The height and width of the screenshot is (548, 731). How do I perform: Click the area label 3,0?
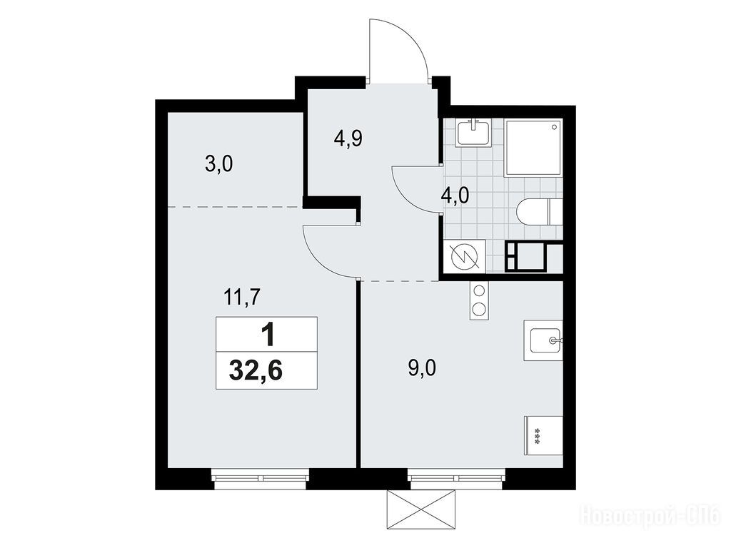tap(218, 165)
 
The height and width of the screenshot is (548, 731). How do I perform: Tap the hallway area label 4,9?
tap(348, 138)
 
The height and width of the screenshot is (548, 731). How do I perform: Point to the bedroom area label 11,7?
tap(241, 297)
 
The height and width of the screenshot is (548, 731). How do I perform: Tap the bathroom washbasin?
tap(474, 132)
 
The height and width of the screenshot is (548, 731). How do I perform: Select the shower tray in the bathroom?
tap(533, 148)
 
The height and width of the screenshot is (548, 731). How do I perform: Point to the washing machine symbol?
tap(464, 256)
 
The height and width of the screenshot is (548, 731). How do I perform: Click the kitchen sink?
tap(543, 340)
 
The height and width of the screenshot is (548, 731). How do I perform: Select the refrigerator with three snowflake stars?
tap(543, 436)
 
